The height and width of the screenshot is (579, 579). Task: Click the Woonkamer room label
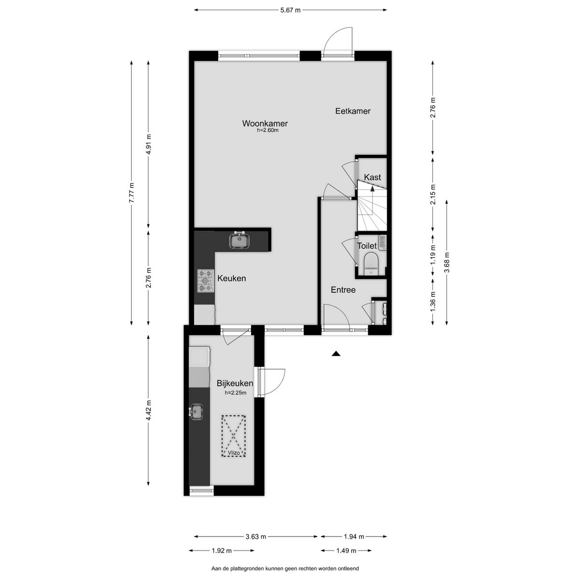(x=265, y=124)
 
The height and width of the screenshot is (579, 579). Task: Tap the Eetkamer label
(x=353, y=111)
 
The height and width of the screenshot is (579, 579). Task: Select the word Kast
(x=372, y=177)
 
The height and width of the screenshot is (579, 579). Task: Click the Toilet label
(x=367, y=246)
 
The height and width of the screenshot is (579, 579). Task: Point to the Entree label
(x=343, y=289)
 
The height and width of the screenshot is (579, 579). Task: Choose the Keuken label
(x=232, y=278)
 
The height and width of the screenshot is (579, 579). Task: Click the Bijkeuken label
(x=235, y=384)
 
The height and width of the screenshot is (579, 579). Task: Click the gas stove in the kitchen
(x=206, y=281)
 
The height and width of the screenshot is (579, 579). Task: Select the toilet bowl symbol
(x=371, y=264)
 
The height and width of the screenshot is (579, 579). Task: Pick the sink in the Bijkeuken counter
(x=196, y=411)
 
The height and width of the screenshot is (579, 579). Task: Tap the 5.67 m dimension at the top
(x=290, y=10)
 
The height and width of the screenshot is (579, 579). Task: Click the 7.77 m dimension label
(x=132, y=193)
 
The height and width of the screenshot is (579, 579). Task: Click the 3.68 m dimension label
(x=447, y=262)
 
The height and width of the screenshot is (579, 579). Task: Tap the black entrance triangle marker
(x=336, y=354)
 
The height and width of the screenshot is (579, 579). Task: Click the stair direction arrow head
(x=372, y=189)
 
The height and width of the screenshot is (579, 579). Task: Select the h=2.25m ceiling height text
(x=235, y=392)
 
